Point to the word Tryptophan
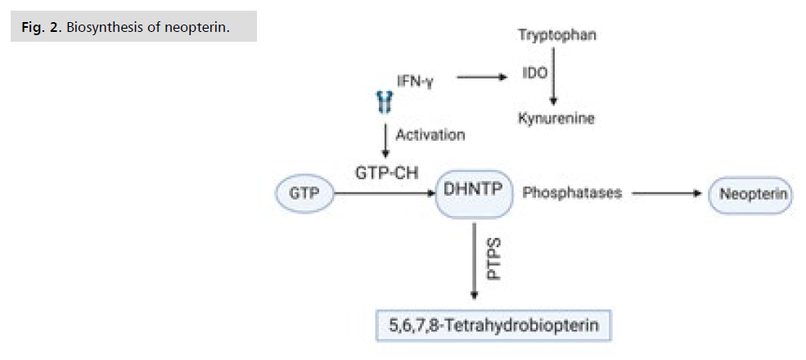tap(556, 35)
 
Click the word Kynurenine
tap(556, 118)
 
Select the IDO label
tap(534, 73)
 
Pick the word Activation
tap(430, 134)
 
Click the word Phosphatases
tap(571, 194)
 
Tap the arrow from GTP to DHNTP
tap(381, 194)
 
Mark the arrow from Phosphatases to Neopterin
tap(668, 194)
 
